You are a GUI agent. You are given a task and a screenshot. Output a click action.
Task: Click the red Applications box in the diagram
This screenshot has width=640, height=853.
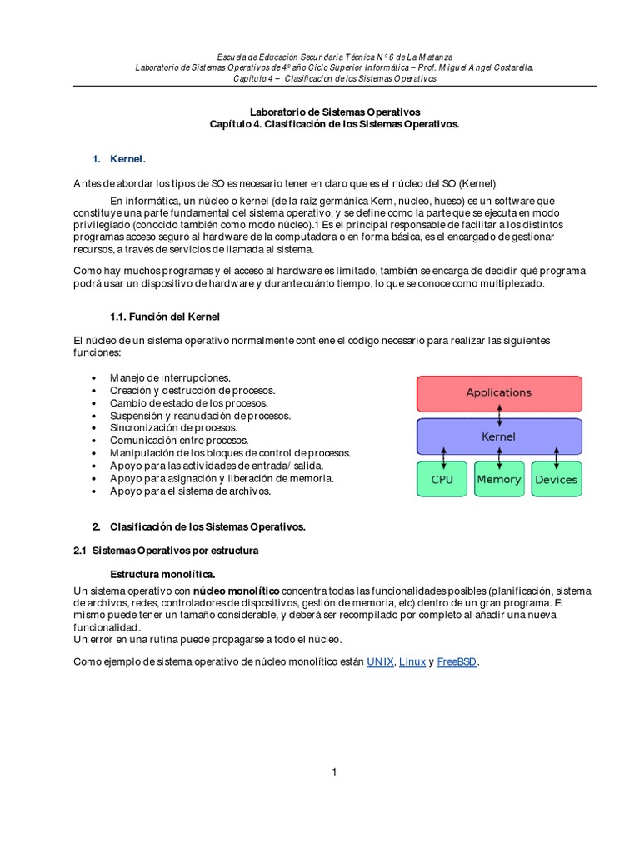pyautogui.click(x=498, y=392)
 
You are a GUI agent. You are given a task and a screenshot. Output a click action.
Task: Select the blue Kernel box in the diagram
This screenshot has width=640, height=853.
pyautogui.click(x=498, y=436)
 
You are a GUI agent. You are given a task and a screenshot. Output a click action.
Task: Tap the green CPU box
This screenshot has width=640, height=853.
pyautogui.click(x=442, y=480)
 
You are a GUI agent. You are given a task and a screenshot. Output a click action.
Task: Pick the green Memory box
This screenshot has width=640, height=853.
pyautogui.click(x=498, y=480)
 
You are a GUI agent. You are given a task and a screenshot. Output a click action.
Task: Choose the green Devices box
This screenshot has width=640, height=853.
pyautogui.click(x=556, y=480)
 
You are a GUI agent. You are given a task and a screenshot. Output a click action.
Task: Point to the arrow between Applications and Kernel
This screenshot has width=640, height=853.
pyautogui.click(x=499, y=414)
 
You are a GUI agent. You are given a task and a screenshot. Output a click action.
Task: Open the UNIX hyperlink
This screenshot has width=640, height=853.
pyautogui.click(x=380, y=662)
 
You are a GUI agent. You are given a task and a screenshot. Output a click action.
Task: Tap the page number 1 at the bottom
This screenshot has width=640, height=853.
pyautogui.click(x=333, y=772)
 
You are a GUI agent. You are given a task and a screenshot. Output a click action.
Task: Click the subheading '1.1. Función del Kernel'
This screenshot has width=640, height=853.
pyautogui.click(x=165, y=317)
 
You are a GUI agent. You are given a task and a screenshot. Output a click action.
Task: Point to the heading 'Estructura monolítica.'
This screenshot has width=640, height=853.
pyautogui.click(x=163, y=575)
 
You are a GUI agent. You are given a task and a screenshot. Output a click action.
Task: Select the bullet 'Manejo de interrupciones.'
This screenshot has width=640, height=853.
pyautogui.click(x=170, y=377)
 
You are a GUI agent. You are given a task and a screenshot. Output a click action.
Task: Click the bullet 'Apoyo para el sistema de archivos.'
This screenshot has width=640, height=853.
pyautogui.click(x=190, y=491)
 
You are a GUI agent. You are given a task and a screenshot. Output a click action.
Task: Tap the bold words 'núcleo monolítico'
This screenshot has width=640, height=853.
pyautogui.click(x=237, y=590)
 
